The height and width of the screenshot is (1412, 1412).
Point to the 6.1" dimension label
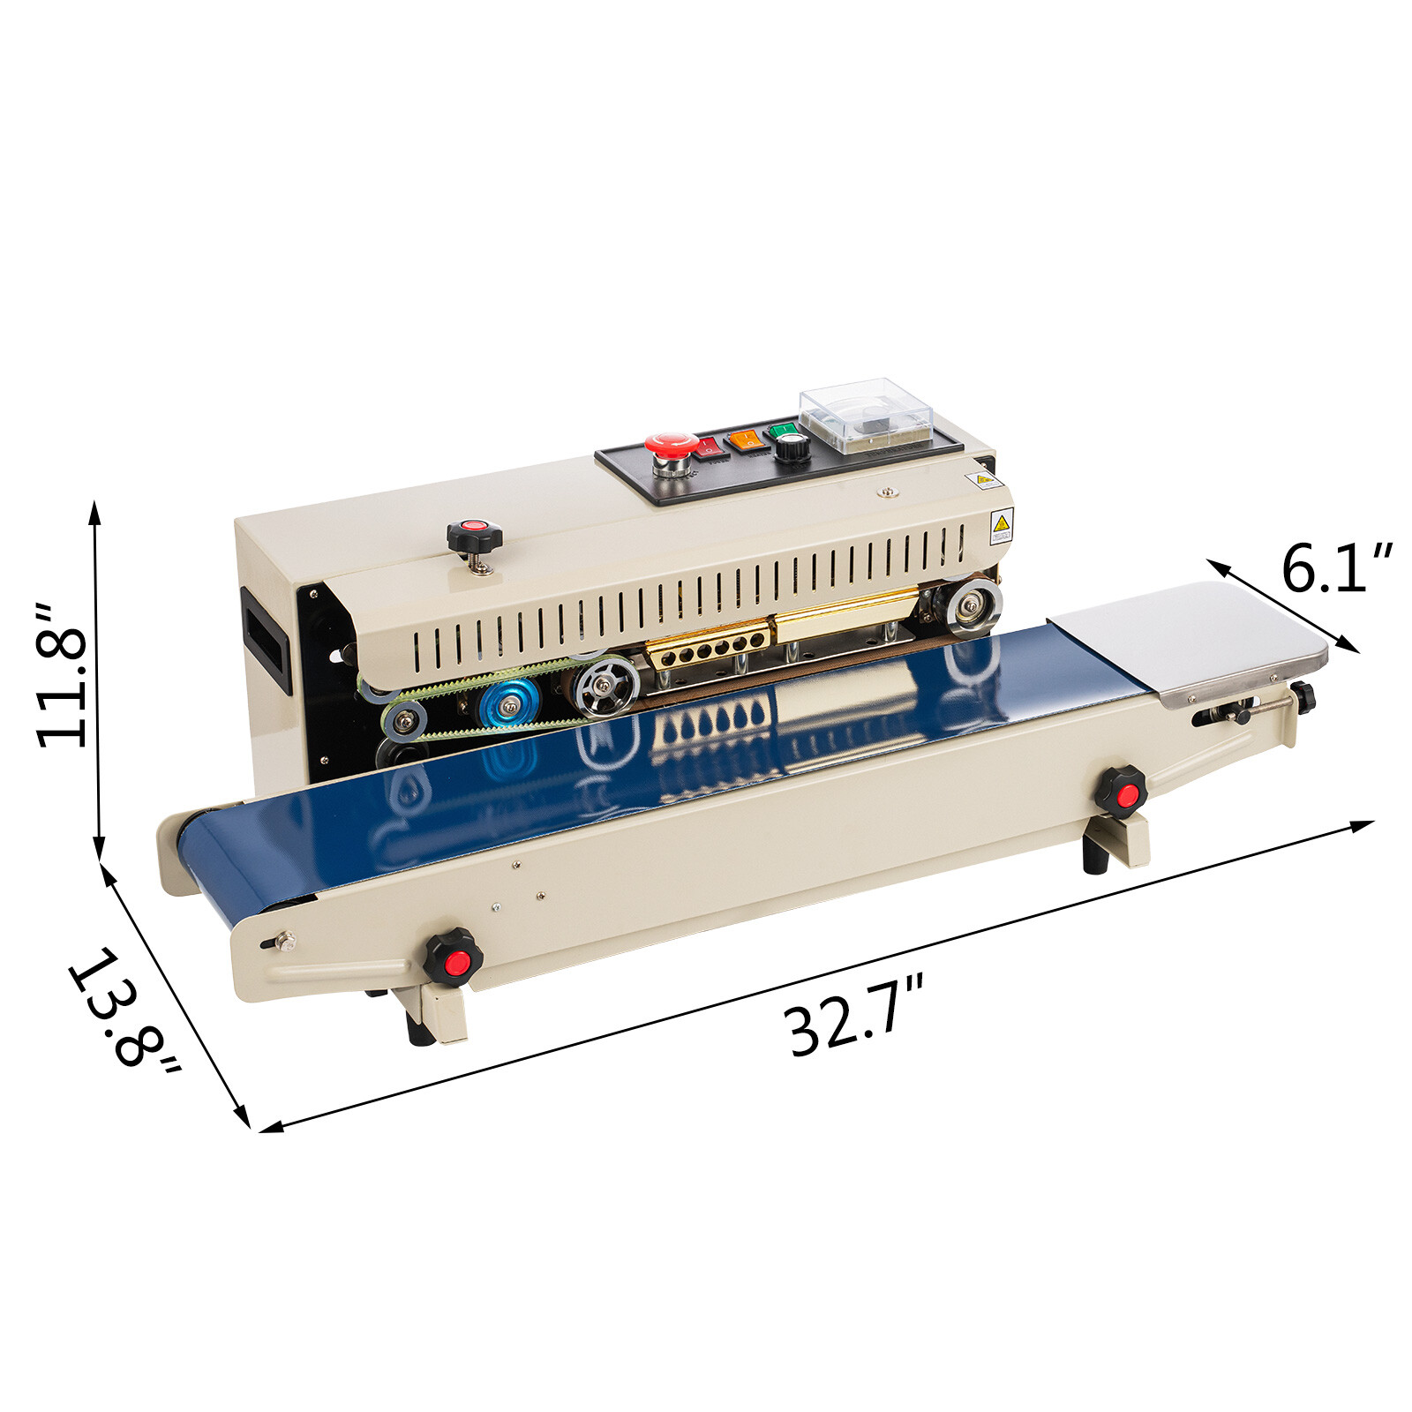1336,568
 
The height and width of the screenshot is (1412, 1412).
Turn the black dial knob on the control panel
792,447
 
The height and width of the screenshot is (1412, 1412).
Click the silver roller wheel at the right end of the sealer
973,606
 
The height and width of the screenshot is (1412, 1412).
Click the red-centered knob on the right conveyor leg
1122,791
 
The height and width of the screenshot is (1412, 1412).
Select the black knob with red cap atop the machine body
474,536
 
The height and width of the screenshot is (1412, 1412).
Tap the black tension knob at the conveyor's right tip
1303,697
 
